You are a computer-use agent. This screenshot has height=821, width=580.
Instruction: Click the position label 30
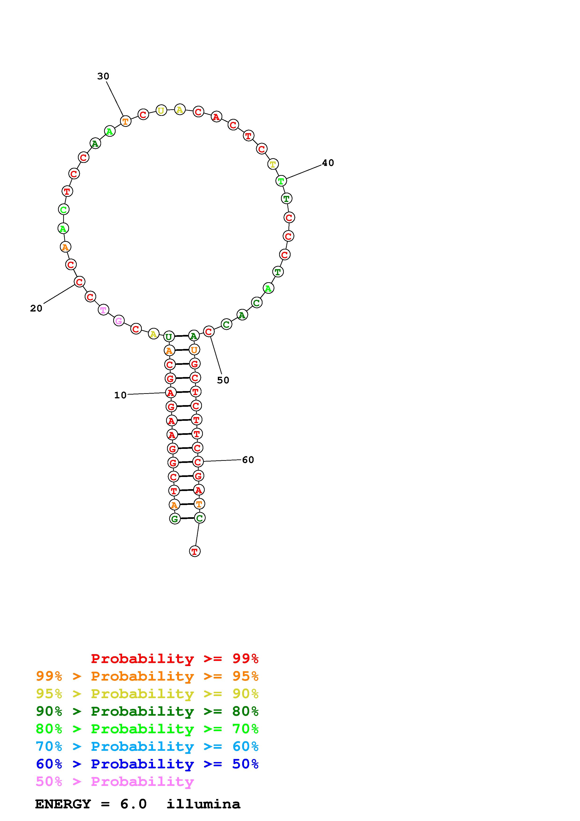click(103, 76)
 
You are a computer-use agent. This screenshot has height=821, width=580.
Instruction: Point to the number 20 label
click(36, 308)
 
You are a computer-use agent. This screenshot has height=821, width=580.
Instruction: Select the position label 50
click(223, 380)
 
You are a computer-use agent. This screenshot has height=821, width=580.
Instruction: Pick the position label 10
click(120, 395)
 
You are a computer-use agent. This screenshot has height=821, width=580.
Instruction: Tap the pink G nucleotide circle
click(119, 321)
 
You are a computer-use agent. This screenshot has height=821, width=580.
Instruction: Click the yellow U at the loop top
click(161, 110)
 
